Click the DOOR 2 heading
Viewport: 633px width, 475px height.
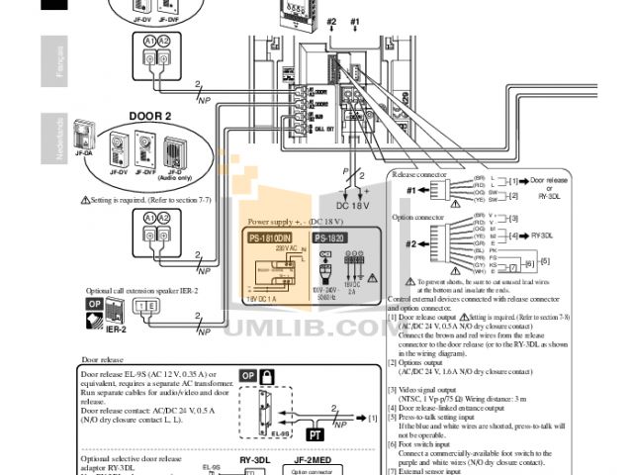point(149,116)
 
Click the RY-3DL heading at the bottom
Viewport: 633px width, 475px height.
point(254,459)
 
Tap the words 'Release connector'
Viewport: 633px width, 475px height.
point(421,172)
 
